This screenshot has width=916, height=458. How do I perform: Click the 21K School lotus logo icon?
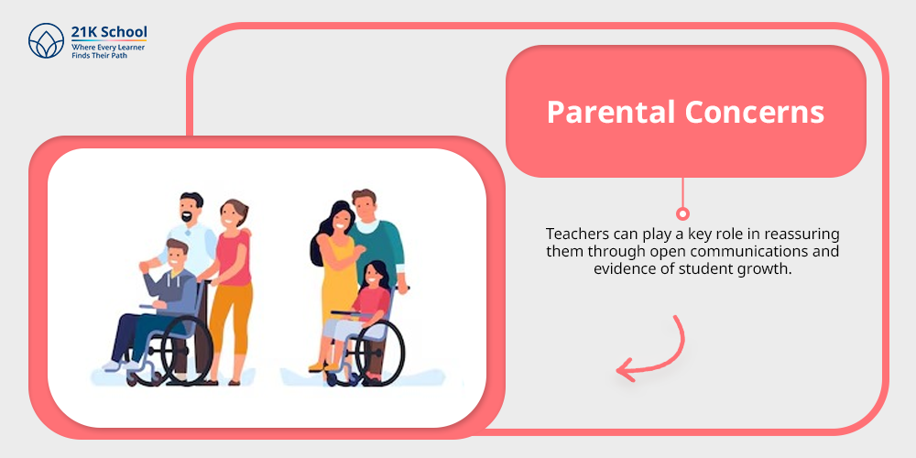pos(46,40)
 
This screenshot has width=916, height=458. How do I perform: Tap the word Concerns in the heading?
pos(755,112)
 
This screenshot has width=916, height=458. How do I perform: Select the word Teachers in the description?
pos(575,234)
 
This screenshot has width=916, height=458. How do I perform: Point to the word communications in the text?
pos(741,253)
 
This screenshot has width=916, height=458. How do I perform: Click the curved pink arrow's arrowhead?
pos(627,368)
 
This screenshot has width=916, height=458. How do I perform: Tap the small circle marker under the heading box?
pos(682,213)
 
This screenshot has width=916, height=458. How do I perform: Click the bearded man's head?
pos(191,208)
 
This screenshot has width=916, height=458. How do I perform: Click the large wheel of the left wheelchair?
pos(186,350)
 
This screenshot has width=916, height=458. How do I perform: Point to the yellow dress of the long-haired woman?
pos(337,280)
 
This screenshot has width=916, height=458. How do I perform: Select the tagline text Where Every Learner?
pos(108,47)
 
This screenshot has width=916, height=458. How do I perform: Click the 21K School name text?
pos(109,31)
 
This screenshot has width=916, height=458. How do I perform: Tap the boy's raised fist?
pos(144,267)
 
